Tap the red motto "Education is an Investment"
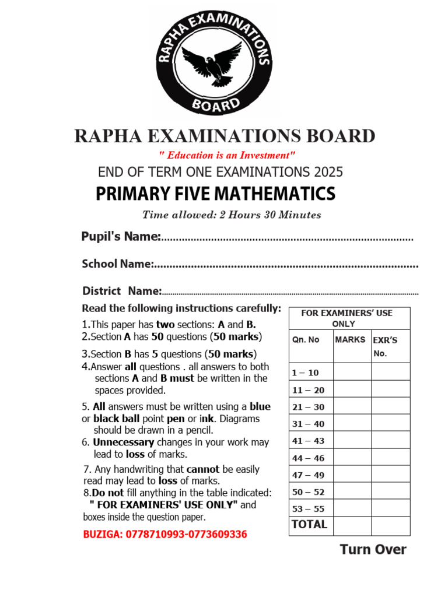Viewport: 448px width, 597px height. pos(228,156)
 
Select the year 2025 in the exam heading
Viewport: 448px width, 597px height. pos(327,172)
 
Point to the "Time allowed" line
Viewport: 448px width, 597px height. pos(232,215)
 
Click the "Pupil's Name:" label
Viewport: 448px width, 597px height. pos(121,236)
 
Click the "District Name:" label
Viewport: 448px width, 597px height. pos(121,290)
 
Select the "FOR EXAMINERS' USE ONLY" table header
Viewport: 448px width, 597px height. pos(347,318)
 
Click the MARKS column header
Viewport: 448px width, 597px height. pos(350,339)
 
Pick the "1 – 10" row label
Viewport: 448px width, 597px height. pos(306,373)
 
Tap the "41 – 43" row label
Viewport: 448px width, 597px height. pos(308,441)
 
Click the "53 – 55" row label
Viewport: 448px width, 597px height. pos(308,509)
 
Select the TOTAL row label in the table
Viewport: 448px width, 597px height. pos(309,525)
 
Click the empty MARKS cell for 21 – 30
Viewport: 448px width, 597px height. pos(352,406)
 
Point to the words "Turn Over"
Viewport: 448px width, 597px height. pos(373,549)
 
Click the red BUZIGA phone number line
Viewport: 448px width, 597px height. pos(165,534)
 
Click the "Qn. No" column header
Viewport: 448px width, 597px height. pos(306,340)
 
